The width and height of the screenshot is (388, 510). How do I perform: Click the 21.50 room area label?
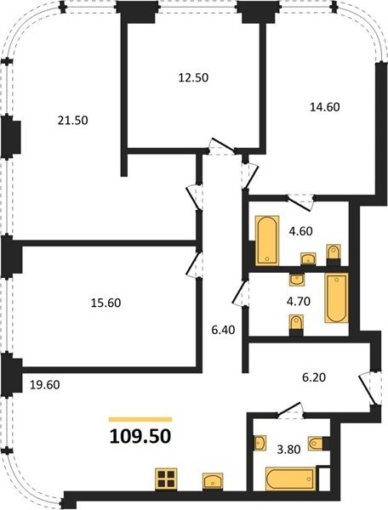click(x=73, y=121)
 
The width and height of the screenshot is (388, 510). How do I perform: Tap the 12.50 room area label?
click(x=193, y=77)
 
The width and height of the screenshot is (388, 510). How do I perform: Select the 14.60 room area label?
click(x=324, y=107)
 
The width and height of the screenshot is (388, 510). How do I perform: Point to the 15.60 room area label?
click(x=106, y=303)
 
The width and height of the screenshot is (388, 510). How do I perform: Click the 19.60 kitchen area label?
click(x=45, y=385)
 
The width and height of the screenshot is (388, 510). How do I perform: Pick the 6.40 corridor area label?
click(x=223, y=330)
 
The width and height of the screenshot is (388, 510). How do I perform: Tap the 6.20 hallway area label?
click(x=314, y=377)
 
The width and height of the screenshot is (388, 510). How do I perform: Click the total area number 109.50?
click(x=140, y=436)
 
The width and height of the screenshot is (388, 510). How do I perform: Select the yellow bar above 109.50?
click(x=140, y=419)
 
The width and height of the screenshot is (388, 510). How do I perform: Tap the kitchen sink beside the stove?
click(x=213, y=480)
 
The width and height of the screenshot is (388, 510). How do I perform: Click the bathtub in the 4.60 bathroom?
click(x=267, y=240)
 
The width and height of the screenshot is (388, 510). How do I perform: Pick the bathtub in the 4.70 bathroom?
click(x=337, y=297)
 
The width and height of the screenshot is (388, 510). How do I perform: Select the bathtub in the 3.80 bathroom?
click(x=290, y=479)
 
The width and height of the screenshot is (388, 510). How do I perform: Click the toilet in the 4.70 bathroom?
click(x=296, y=325)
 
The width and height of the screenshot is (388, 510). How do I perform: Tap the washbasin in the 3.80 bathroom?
click(x=260, y=443)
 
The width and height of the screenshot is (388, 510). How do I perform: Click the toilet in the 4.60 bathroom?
click(x=334, y=255)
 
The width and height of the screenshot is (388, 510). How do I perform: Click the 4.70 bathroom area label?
click(x=298, y=301)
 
